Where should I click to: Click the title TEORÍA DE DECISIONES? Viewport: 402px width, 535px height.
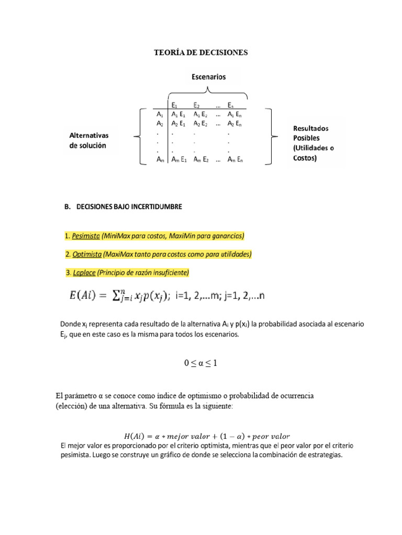[x=200, y=53]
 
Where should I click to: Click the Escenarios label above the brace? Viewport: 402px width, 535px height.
[x=208, y=77]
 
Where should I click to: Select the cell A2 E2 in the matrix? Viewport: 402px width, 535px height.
[x=201, y=124]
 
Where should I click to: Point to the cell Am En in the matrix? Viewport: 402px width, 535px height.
[x=234, y=160]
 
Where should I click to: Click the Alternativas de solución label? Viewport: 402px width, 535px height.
[x=88, y=140]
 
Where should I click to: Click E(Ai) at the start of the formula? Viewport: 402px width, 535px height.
[x=86, y=296]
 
